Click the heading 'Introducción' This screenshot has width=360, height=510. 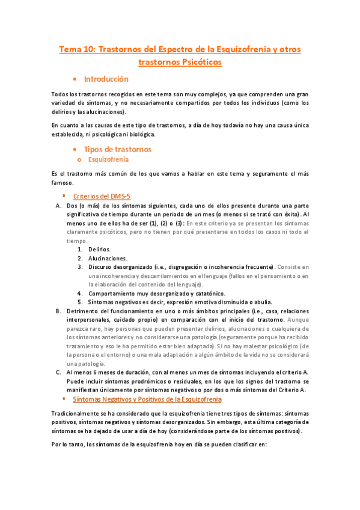coord(106,79)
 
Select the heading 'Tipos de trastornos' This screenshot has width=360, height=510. coord(117,149)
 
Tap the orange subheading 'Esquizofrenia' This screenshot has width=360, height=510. coord(108,160)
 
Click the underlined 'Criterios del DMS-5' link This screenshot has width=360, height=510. coord(102,196)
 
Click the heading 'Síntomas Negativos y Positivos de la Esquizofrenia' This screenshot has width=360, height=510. coord(147,382)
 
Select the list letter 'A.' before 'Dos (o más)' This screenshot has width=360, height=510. coord(58,206)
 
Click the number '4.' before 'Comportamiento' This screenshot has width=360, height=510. coord(80,293)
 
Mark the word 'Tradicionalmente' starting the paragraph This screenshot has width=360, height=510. coord(77,399)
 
